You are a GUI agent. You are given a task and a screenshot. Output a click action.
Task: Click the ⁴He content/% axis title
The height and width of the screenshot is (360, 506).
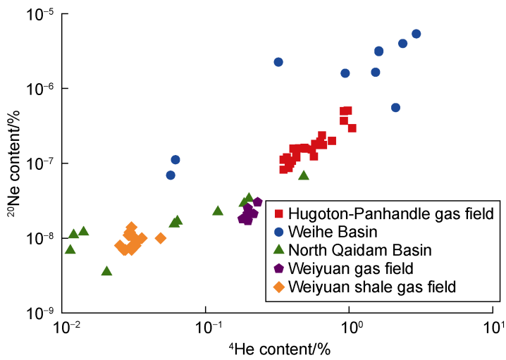(280, 347)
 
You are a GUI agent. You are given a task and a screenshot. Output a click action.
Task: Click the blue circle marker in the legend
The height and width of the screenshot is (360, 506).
(279, 231)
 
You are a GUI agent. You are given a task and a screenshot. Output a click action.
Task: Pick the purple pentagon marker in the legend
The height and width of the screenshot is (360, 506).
(279, 268)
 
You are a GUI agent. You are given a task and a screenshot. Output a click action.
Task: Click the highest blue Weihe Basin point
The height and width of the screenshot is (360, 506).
(416, 34)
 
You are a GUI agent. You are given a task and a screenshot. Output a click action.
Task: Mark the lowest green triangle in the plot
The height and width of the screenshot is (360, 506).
(107, 271)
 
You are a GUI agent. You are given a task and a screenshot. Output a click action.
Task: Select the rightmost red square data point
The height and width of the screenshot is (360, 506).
(352, 128)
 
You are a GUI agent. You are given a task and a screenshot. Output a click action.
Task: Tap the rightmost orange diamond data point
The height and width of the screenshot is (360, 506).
(161, 238)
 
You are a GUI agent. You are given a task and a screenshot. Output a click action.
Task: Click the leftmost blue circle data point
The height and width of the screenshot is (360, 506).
(171, 175)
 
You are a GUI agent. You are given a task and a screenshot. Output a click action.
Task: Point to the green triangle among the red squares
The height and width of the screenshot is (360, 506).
(304, 175)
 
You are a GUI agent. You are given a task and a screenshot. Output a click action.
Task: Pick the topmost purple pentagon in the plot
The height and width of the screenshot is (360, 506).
(257, 202)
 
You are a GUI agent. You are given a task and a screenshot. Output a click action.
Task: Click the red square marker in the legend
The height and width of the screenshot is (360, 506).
(279, 213)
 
